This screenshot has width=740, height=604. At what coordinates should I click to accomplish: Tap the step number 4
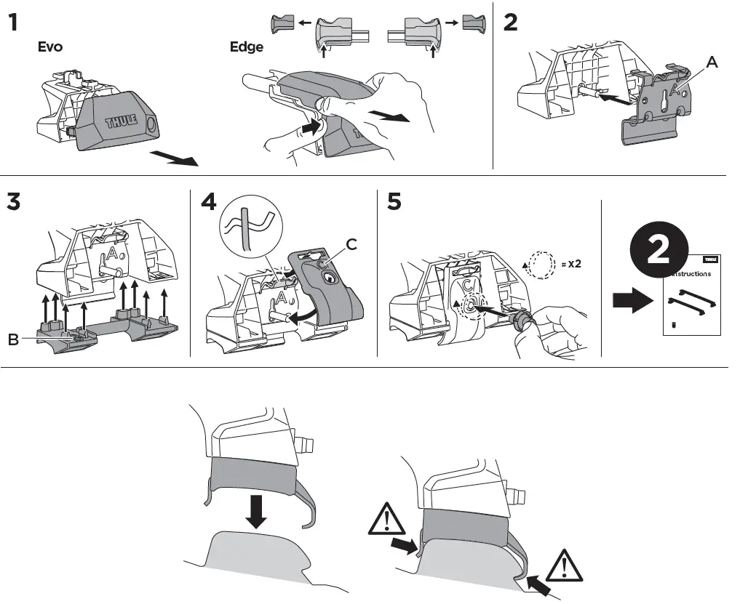point(210,201)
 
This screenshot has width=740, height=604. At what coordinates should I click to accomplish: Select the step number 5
point(394,201)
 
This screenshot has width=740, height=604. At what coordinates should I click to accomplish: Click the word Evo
point(50,47)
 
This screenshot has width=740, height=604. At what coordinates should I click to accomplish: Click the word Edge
point(247,47)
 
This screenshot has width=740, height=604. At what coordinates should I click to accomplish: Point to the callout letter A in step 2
point(712,63)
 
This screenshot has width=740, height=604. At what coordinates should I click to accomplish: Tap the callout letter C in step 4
point(351,244)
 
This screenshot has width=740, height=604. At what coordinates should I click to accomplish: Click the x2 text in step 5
point(573,262)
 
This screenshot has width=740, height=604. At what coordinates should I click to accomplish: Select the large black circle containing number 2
point(658,251)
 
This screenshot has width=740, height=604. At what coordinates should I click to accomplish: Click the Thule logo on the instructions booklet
point(710,258)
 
